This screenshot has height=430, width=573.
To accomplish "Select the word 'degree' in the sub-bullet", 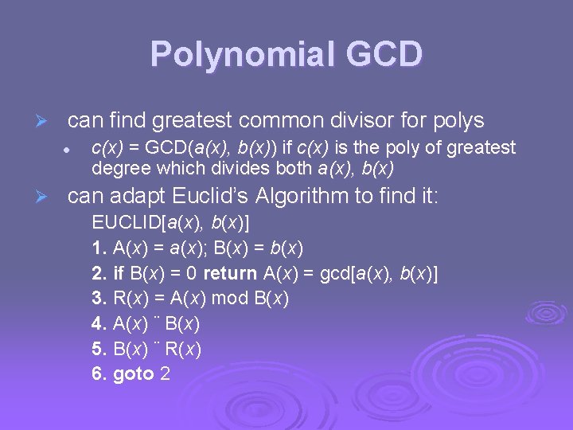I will pyautogui.click(x=116, y=169).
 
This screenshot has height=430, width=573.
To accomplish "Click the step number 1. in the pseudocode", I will pyautogui.click(x=99, y=248).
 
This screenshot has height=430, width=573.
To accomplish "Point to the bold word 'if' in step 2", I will pyautogui.click(x=119, y=274).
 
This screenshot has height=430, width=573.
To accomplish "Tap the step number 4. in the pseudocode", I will pyautogui.click(x=99, y=324).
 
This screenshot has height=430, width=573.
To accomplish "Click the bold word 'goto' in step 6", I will pyautogui.click(x=134, y=373).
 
